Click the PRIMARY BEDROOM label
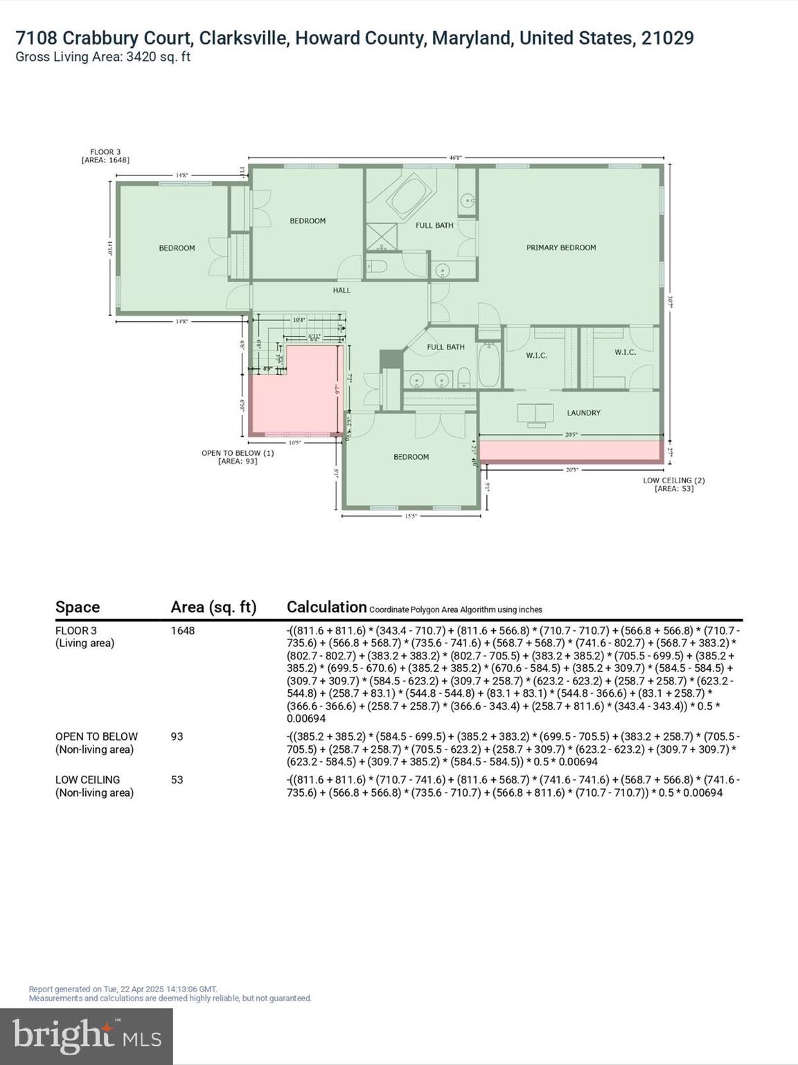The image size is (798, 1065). tap(560, 248)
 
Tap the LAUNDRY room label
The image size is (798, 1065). tap(583, 413)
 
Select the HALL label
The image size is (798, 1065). tap(342, 291)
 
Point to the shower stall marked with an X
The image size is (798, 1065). tap(379, 236)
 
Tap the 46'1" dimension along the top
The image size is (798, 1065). tap(455, 157)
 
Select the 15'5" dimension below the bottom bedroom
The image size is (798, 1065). tap(411, 516)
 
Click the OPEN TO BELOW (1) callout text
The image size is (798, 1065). tap(238, 453)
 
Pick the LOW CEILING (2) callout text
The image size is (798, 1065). tap(674, 480)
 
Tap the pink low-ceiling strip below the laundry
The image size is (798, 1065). tap(569, 451)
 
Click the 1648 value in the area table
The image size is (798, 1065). tap(183, 630)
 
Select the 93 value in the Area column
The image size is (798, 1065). tap(177, 736)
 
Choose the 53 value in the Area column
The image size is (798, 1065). tap(177, 779)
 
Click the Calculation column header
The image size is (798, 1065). tap(326, 607)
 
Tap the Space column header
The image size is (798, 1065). tap(78, 607)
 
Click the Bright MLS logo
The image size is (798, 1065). tap(87, 1036)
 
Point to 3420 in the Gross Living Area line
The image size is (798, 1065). tap(141, 57)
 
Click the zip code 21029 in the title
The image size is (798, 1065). tap(667, 37)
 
